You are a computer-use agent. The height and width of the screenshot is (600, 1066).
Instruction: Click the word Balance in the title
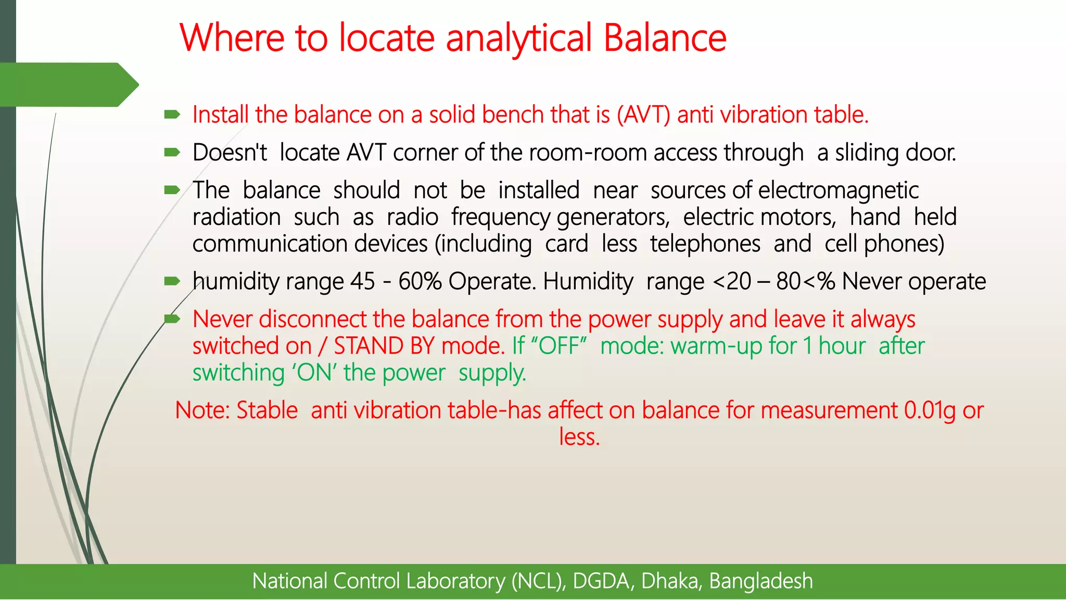click(x=665, y=38)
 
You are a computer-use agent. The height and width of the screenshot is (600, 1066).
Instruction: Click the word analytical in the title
click(x=519, y=39)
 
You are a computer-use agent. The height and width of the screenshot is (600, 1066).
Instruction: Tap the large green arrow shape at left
click(x=68, y=84)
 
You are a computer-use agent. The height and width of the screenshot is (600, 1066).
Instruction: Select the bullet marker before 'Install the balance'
click(x=172, y=114)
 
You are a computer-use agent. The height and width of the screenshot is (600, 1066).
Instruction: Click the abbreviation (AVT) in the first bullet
click(x=643, y=115)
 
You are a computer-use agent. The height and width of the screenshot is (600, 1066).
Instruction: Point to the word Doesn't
click(x=230, y=153)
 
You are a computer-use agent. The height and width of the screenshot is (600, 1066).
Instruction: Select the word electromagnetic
click(x=838, y=191)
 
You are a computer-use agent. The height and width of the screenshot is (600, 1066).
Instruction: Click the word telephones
click(x=705, y=244)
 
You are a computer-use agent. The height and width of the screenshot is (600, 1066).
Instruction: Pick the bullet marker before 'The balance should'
click(x=172, y=190)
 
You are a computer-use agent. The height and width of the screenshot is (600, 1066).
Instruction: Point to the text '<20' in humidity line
click(x=732, y=282)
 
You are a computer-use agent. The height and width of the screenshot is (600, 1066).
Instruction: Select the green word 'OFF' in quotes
click(x=560, y=346)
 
